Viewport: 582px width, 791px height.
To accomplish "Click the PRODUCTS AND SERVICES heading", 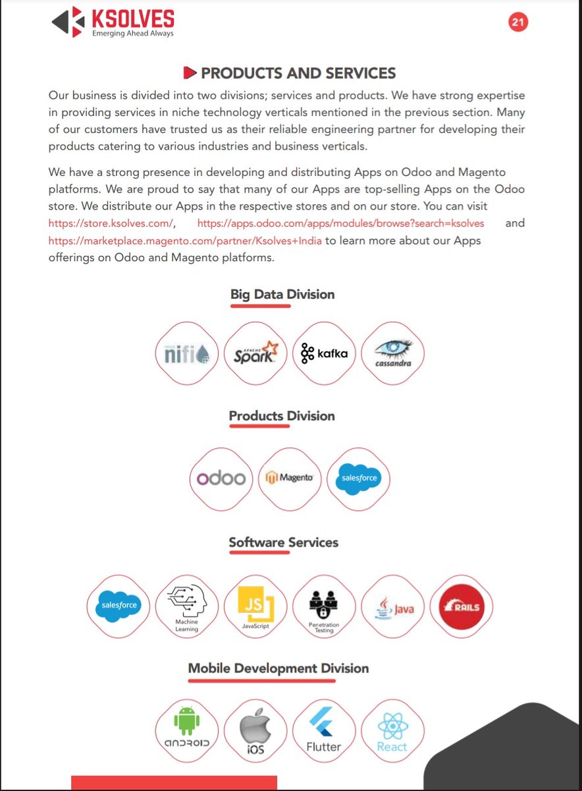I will pyautogui.click(x=290, y=73).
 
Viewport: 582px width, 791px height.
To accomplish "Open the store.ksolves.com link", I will pyautogui.click(x=111, y=223).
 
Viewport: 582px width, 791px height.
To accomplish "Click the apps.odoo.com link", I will pyautogui.click(x=340, y=223).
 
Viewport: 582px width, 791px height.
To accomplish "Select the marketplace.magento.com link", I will pyautogui.click(x=185, y=241).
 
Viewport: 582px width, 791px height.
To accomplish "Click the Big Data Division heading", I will pyautogui.click(x=282, y=295).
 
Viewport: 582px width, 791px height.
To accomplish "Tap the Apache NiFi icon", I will pyautogui.click(x=187, y=353).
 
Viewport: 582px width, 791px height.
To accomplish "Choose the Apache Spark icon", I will pyautogui.click(x=255, y=353).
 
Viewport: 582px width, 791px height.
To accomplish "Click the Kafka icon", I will pyautogui.click(x=324, y=353).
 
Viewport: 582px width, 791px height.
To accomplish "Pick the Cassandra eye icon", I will pyautogui.click(x=393, y=353).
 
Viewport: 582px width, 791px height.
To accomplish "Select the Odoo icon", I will pyautogui.click(x=221, y=479).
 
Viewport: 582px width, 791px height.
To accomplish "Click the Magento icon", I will pyautogui.click(x=290, y=479).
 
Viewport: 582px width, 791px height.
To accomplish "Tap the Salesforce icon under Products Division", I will pyautogui.click(x=358, y=479).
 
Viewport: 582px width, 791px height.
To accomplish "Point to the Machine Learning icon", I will pyautogui.click(x=187, y=605).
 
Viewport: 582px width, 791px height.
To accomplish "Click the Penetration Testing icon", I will pyautogui.click(x=324, y=605).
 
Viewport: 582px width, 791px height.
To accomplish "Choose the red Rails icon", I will pyautogui.click(x=462, y=605).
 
